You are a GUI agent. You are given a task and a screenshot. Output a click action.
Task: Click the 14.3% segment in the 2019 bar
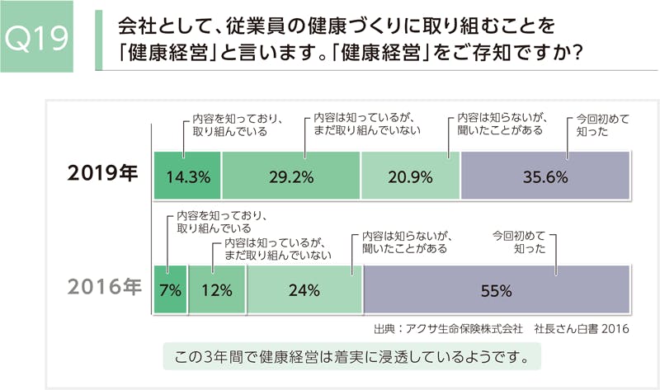pyautogui.click(x=188, y=176)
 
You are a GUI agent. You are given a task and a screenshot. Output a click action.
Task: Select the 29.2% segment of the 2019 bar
pyautogui.click(x=291, y=176)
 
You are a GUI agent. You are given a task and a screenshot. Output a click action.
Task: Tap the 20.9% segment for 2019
pyautogui.click(x=410, y=176)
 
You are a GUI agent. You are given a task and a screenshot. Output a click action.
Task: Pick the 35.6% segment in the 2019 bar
pyautogui.click(x=545, y=176)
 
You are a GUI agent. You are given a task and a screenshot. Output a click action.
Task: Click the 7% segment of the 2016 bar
pyautogui.click(x=171, y=290)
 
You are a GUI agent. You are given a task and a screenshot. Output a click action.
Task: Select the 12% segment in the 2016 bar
pyautogui.click(x=217, y=290)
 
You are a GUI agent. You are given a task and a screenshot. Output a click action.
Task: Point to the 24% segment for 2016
pyautogui.click(x=304, y=290)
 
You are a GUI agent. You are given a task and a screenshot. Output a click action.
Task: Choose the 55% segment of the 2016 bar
pyautogui.click(x=497, y=290)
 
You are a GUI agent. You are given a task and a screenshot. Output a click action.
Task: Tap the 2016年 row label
pyautogui.click(x=103, y=289)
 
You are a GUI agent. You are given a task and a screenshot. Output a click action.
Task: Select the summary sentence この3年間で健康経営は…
pyautogui.click(x=351, y=357)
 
